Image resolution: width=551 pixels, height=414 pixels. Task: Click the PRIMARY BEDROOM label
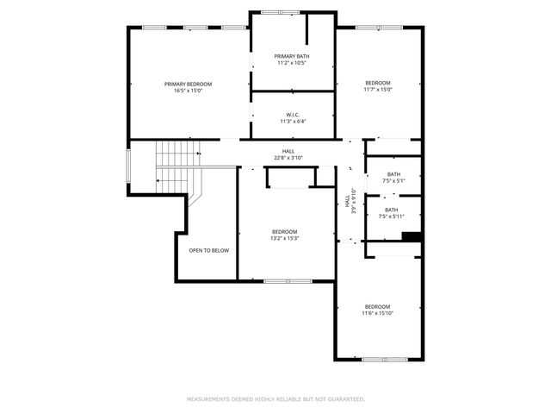tap(188, 84)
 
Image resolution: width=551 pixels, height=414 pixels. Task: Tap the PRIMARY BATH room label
tap(293, 56)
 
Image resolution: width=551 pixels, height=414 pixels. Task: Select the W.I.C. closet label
tap(293, 115)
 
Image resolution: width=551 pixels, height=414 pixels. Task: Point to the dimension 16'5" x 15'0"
tap(188, 90)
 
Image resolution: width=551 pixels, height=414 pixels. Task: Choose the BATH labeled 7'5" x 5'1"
tap(393, 174)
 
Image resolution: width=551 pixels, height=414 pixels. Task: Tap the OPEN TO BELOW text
tap(208, 250)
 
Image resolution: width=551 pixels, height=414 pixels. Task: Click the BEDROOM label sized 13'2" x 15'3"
tap(284, 231)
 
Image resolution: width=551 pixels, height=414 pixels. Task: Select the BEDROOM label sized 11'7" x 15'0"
tap(377, 83)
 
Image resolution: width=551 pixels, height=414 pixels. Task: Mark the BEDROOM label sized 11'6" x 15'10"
tap(377, 307)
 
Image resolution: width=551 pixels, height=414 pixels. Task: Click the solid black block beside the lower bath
tap(412, 237)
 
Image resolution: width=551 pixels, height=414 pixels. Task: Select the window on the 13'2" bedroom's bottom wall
tap(288, 281)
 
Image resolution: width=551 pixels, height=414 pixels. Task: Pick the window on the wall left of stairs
tap(129, 166)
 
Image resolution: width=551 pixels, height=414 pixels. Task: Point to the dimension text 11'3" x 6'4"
tap(293, 122)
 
